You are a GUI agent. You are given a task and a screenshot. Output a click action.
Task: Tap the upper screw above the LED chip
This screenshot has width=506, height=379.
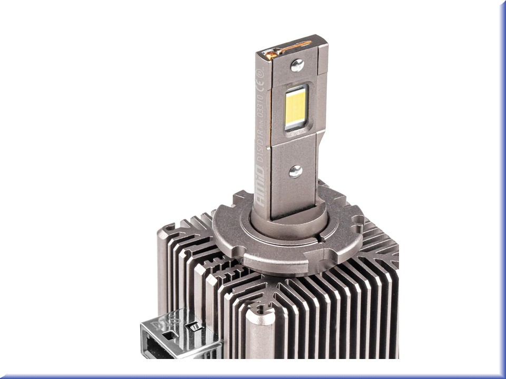click(x=297, y=65)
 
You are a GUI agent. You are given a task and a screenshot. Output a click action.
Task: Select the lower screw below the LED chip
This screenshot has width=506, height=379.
click(x=296, y=171)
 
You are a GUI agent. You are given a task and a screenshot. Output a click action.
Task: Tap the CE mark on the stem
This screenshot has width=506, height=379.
click(x=259, y=84)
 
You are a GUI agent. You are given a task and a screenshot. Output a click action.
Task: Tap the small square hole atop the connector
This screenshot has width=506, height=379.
click(x=170, y=335)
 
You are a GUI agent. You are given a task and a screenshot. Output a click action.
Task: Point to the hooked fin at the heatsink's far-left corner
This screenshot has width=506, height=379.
click(x=168, y=230)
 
